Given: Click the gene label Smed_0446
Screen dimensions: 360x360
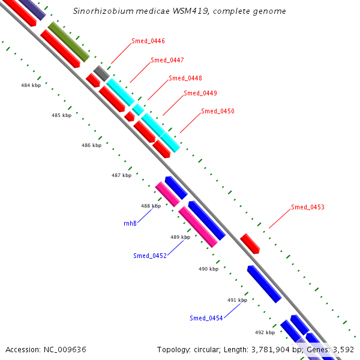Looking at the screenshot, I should (x=148, y=41).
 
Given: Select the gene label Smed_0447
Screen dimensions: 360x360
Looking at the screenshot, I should (x=167, y=60).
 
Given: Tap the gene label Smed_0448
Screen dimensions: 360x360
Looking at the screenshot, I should (x=185, y=78).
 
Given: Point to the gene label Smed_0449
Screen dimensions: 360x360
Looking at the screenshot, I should (x=200, y=93).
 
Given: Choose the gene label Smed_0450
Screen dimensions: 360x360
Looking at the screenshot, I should (x=218, y=111).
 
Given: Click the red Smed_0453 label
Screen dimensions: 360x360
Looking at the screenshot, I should (x=308, y=208).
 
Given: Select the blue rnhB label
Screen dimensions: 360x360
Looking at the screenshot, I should (x=130, y=223).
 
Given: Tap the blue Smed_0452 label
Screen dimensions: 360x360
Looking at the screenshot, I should (x=149, y=256).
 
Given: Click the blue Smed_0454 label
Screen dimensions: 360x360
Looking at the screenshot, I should (x=206, y=318).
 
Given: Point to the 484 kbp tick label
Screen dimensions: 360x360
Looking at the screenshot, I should (x=31, y=86).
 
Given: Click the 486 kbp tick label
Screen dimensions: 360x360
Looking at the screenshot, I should (x=91, y=146).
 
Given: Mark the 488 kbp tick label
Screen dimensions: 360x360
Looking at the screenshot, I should (x=151, y=206).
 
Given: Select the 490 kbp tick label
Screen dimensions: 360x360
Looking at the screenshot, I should (x=208, y=269).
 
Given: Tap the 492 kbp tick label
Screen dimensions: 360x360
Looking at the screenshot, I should (x=265, y=332).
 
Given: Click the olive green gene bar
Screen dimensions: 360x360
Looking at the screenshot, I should (x=69, y=42).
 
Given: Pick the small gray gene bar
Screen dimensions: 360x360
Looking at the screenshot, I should (x=101, y=73).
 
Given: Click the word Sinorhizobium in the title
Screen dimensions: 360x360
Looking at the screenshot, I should (x=101, y=11).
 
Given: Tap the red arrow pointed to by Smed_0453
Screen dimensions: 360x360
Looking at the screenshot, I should (x=250, y=244).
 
